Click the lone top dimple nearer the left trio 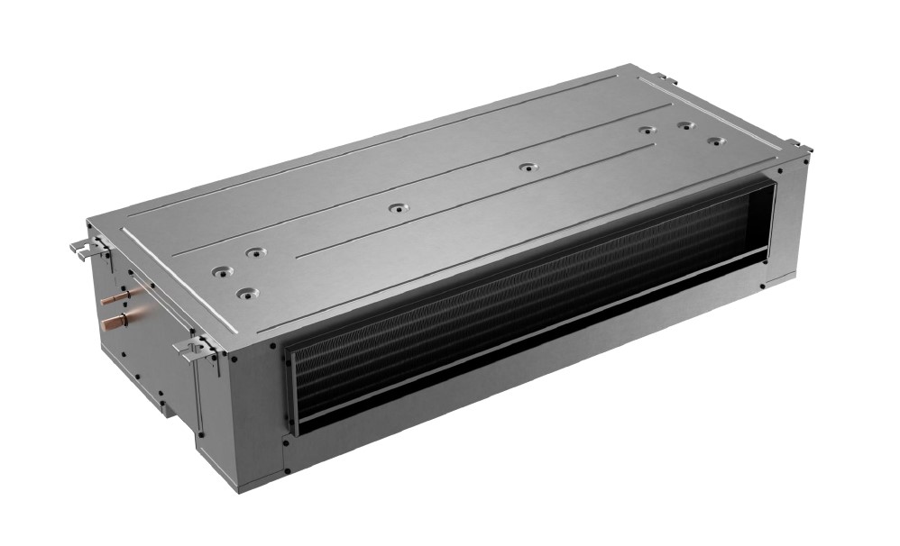click(x=394, y=208)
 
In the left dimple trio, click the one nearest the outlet click(x=243, y=293)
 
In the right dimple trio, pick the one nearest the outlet click(x=715, y=142)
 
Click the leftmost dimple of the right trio click(x=646, y=131)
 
